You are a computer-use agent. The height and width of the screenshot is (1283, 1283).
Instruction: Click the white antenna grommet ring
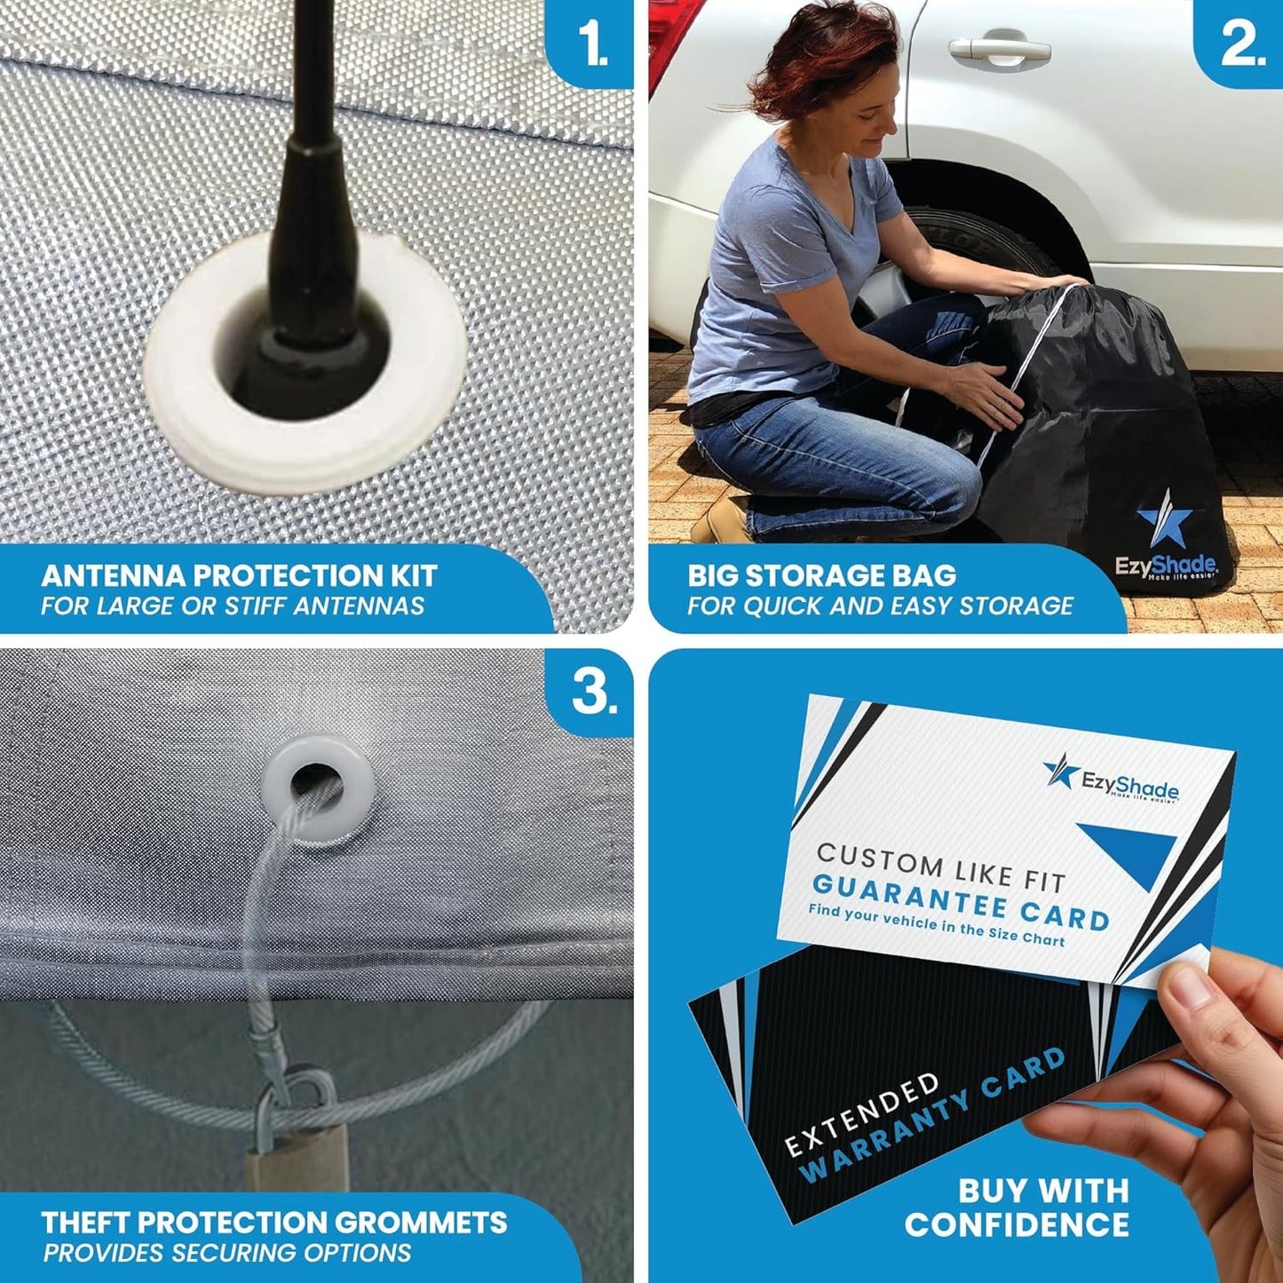coord(306,435)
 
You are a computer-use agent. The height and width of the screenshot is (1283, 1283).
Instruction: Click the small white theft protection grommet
coord(317,787)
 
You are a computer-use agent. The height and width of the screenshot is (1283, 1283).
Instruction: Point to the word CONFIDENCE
coord(1017,1225)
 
